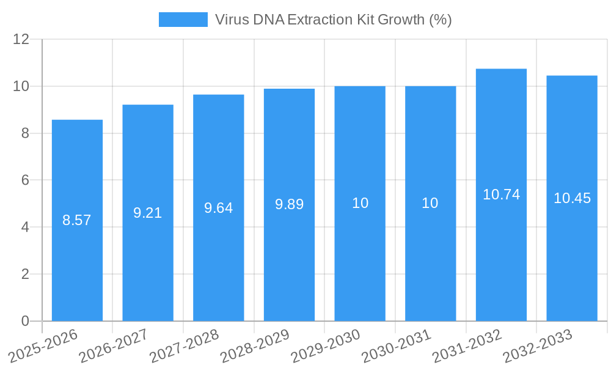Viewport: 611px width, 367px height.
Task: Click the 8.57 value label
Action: pyautogui.click(x=77, y=220)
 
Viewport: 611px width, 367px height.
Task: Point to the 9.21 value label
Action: pyautogui.click(x=148, y=213)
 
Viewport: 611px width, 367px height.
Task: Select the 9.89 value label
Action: pyautogui.click(x=289, y=204)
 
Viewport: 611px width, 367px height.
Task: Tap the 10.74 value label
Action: pyautogui.click(x=501, y=195)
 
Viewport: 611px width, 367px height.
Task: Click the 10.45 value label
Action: pyautogui.click(x=572, y=198)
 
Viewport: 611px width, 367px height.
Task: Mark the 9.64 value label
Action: pyautogui.click(x=218, y=208)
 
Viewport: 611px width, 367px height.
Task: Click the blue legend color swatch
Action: pyautogui.click(x=183, y=20)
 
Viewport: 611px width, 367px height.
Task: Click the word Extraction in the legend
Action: pyautogui.click(x=320, y=20)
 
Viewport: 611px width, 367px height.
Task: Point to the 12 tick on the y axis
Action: pyautogui.click(x=21, y=40)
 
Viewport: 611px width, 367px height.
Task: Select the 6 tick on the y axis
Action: pyautogui.click(x=25, y=180)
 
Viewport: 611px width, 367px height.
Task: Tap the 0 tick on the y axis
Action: pyautogui.click(x=25, y=321)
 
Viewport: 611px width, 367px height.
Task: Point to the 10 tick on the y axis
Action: pyautogui.click(x=21, y=86)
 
